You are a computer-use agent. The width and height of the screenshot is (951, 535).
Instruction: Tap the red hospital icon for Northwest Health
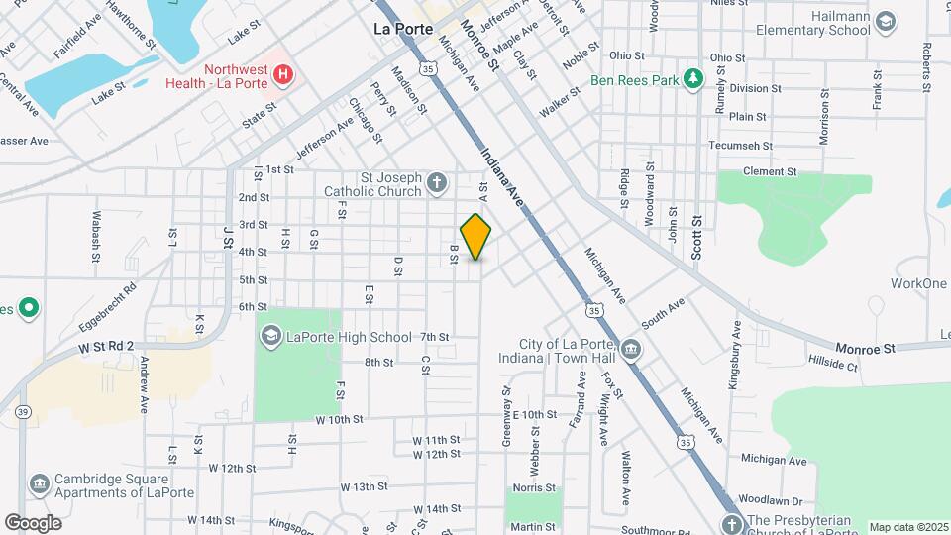tap(284, 75)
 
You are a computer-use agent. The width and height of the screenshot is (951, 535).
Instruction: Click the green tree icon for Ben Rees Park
tap(694, 79)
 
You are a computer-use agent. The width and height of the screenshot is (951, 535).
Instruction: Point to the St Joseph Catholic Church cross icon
tap(436, 182)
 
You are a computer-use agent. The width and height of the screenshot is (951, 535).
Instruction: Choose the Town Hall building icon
tap(630, 350)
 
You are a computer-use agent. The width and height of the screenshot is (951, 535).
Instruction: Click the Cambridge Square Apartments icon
tap(39, 483)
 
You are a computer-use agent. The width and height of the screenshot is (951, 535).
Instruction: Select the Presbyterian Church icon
tap(731, 524)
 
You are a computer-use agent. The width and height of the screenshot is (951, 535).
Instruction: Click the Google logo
tap(33, 523)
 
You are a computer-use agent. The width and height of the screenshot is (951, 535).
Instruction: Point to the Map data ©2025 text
tap(907, 527)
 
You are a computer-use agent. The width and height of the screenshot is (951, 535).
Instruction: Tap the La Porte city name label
tap(403, 29)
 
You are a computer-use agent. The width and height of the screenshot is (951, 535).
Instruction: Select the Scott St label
tap(697, 238)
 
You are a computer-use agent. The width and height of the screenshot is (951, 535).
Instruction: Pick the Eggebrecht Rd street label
tap(109, 309)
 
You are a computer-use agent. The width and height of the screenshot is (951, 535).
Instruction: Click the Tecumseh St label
tap(740, 146)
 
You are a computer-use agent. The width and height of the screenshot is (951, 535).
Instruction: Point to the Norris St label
tap(533, 488)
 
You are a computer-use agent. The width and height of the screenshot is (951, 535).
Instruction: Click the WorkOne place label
tap(918, 283)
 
